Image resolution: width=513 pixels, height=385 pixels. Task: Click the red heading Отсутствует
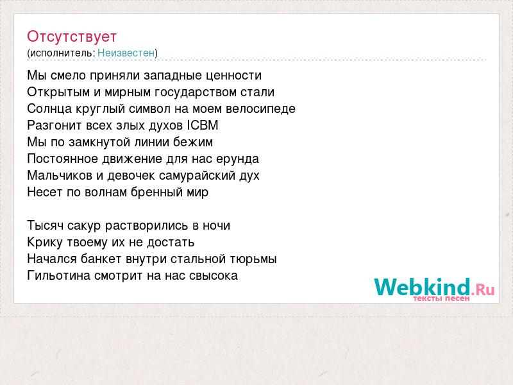72,37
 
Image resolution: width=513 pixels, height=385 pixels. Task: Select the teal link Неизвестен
126,53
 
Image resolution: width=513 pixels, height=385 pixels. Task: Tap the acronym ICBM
203,125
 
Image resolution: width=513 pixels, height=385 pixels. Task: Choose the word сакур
85,226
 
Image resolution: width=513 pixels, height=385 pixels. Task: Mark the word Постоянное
63,158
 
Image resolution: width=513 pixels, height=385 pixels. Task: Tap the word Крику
45,243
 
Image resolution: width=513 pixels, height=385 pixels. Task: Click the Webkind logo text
423,287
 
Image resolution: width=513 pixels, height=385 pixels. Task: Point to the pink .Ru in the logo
483,289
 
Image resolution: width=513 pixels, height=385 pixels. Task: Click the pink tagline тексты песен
441,298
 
